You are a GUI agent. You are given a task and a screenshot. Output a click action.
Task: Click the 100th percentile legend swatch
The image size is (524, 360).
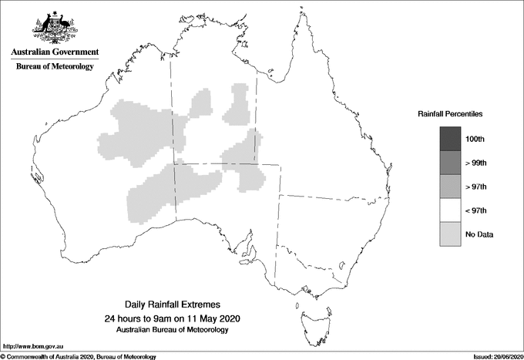[x=450, y=139]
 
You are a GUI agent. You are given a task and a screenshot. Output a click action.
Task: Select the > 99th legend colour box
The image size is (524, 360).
[x=450, y=163]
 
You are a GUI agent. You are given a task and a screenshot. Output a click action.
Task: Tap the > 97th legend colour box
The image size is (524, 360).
[x=450, y=187]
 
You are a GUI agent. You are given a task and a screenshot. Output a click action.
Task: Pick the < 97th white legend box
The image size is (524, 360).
[x=450, y=210]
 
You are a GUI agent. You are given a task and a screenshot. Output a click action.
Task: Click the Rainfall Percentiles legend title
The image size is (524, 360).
[x=450, y=114]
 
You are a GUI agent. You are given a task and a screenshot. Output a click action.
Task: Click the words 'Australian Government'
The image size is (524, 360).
[x=55, y=52]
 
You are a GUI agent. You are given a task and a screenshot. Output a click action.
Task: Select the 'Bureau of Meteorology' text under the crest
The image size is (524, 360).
[x=55, y=67]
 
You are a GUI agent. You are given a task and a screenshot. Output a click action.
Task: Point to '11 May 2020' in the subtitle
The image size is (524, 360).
[x=215, y=318]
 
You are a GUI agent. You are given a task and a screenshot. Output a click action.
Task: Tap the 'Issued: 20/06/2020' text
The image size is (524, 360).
[x=493, y=356]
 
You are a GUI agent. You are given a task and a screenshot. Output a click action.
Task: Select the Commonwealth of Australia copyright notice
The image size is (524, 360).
[x=79, y=356]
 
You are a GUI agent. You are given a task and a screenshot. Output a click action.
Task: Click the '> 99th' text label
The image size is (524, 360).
[x=478, y=163]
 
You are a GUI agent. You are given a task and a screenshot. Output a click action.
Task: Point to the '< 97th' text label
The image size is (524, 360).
[x=478, y=210]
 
